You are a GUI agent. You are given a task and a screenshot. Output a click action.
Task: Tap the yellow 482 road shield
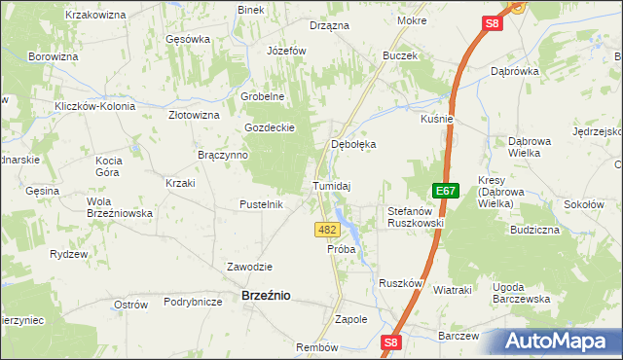pyautogui.click(x=327, y=230)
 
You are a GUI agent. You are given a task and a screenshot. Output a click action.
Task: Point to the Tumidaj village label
pyautogui.click(x=331, y=185)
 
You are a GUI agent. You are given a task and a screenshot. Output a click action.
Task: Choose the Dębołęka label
pyautogui.click(x=353, y=144)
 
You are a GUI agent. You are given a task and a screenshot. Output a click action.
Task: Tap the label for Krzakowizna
pyautogui.click(x=95, y=16)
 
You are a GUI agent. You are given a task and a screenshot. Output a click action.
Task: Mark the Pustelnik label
pyautogui.click(x=261, y=204)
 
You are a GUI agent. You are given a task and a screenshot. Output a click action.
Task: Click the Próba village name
pyautogui.click(x=342, y=249)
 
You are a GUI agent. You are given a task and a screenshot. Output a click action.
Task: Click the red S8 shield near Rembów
pyautogui.click(x=391, y=342)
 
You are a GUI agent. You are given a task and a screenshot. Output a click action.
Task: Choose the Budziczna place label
pyautogui.click(x=534, y=231)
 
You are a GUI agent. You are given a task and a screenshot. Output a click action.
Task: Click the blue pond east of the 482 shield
pyautogui.click(x=351, y=233)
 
